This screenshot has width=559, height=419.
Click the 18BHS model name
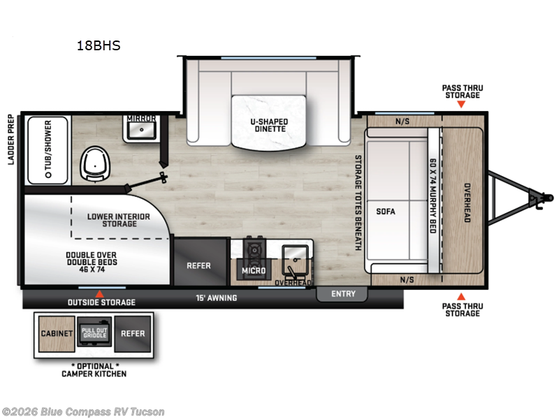(99, 46)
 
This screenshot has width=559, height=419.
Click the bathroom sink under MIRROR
(142, 130)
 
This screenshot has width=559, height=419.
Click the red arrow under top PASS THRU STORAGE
(461, 105)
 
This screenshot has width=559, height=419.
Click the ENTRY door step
(343, 294)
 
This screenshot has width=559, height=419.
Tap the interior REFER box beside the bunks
(198, 265)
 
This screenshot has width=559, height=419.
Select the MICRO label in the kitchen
(254, 270)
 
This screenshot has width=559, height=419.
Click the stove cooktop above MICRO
(253, 249)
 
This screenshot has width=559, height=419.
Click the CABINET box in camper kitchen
(56, 333)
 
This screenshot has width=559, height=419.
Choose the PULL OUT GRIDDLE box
(94, 333)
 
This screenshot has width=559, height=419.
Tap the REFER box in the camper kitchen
(133, 333)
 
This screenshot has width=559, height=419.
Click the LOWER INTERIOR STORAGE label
(118, 220)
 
